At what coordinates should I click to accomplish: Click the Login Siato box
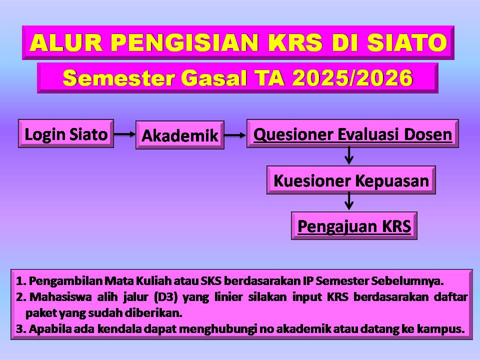(66, 134)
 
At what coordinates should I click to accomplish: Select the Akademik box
(180, 135)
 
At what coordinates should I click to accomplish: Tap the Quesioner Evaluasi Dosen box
(352, 134)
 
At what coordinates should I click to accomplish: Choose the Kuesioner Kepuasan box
(351, 180)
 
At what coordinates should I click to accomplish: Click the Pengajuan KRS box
(354, 225)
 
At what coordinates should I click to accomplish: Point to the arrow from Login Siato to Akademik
(124, 134)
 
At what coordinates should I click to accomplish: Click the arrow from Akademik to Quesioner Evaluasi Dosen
(235, 135)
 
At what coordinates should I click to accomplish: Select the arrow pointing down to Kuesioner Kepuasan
(348, 156)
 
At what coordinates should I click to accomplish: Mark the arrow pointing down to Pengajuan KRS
(348, 201)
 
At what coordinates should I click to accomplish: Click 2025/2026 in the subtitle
(352, 78)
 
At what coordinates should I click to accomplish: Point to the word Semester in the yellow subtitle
(118, 78)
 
